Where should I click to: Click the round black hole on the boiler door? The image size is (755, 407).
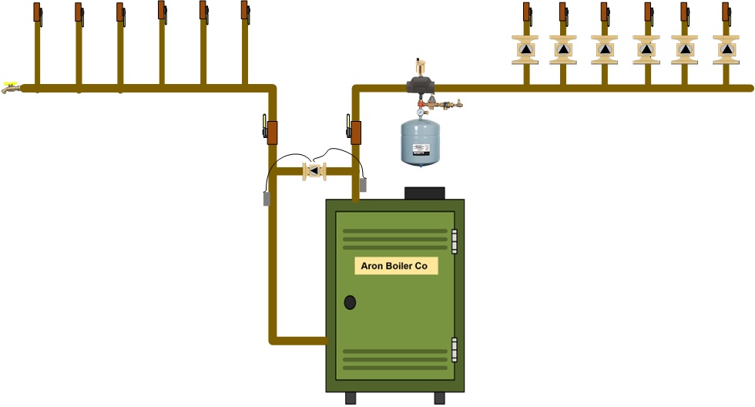[x=350, y=302]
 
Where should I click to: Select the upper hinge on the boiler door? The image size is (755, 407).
[x=455, y=240]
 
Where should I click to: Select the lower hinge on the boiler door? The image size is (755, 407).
[x=455, y=349]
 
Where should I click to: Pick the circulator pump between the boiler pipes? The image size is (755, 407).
[x=314, y=171]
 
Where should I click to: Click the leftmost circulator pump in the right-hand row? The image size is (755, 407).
[x=525, y=49]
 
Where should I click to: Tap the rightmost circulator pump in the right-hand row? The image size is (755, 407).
[x=725, y=49]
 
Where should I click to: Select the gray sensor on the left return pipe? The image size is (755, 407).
[x=267, y=198]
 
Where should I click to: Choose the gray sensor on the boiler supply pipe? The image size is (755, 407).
[x=362, y=185]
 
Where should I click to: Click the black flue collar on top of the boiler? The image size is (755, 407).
[x=424, y=193]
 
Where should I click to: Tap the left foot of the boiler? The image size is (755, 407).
[x=351, y=398]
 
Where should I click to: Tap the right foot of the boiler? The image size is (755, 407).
[x=439, y=398]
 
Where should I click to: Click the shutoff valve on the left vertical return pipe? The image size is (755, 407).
[x=270, y=131]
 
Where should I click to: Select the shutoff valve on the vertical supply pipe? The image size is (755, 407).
[x=356, y=132]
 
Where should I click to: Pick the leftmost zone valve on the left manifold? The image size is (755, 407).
[x=37, y=12]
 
